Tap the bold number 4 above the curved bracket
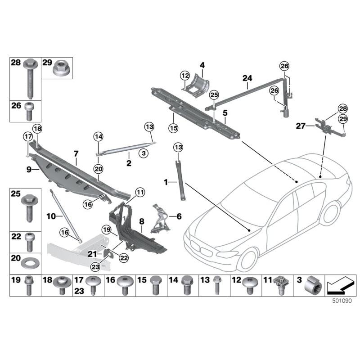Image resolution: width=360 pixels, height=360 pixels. click(202, 66)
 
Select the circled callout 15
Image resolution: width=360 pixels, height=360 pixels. click(174, 128)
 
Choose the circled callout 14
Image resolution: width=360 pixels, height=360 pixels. click(99, 136)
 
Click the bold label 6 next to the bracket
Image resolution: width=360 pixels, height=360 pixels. click(179, 216)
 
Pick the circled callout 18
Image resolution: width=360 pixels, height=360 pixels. click(36, 129)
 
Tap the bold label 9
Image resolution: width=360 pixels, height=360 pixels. click(29, 169)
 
